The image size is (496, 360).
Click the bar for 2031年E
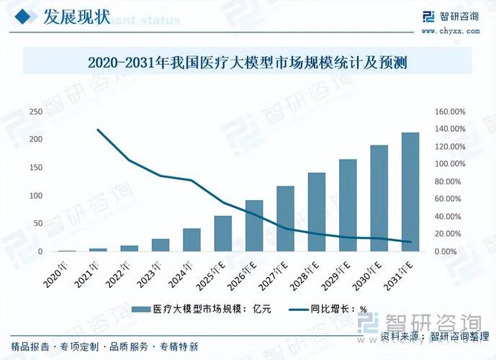coord(410,192)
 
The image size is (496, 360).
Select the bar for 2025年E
coord(222,234)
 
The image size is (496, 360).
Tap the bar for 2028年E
coord(317,212)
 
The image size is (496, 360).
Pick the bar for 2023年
coord(160,246)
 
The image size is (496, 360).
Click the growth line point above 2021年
coord(98,130)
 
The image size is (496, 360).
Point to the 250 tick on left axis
coord(35,112)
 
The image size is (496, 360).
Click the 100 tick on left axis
coord(35,196)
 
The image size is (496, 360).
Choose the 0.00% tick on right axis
coord(450,252)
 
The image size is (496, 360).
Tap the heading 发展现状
coord(76,17)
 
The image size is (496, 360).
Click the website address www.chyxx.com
coord(449,32)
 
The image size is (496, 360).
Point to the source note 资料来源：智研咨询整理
coord(429,336)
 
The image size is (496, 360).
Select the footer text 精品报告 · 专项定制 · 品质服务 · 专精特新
coord(104,347)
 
